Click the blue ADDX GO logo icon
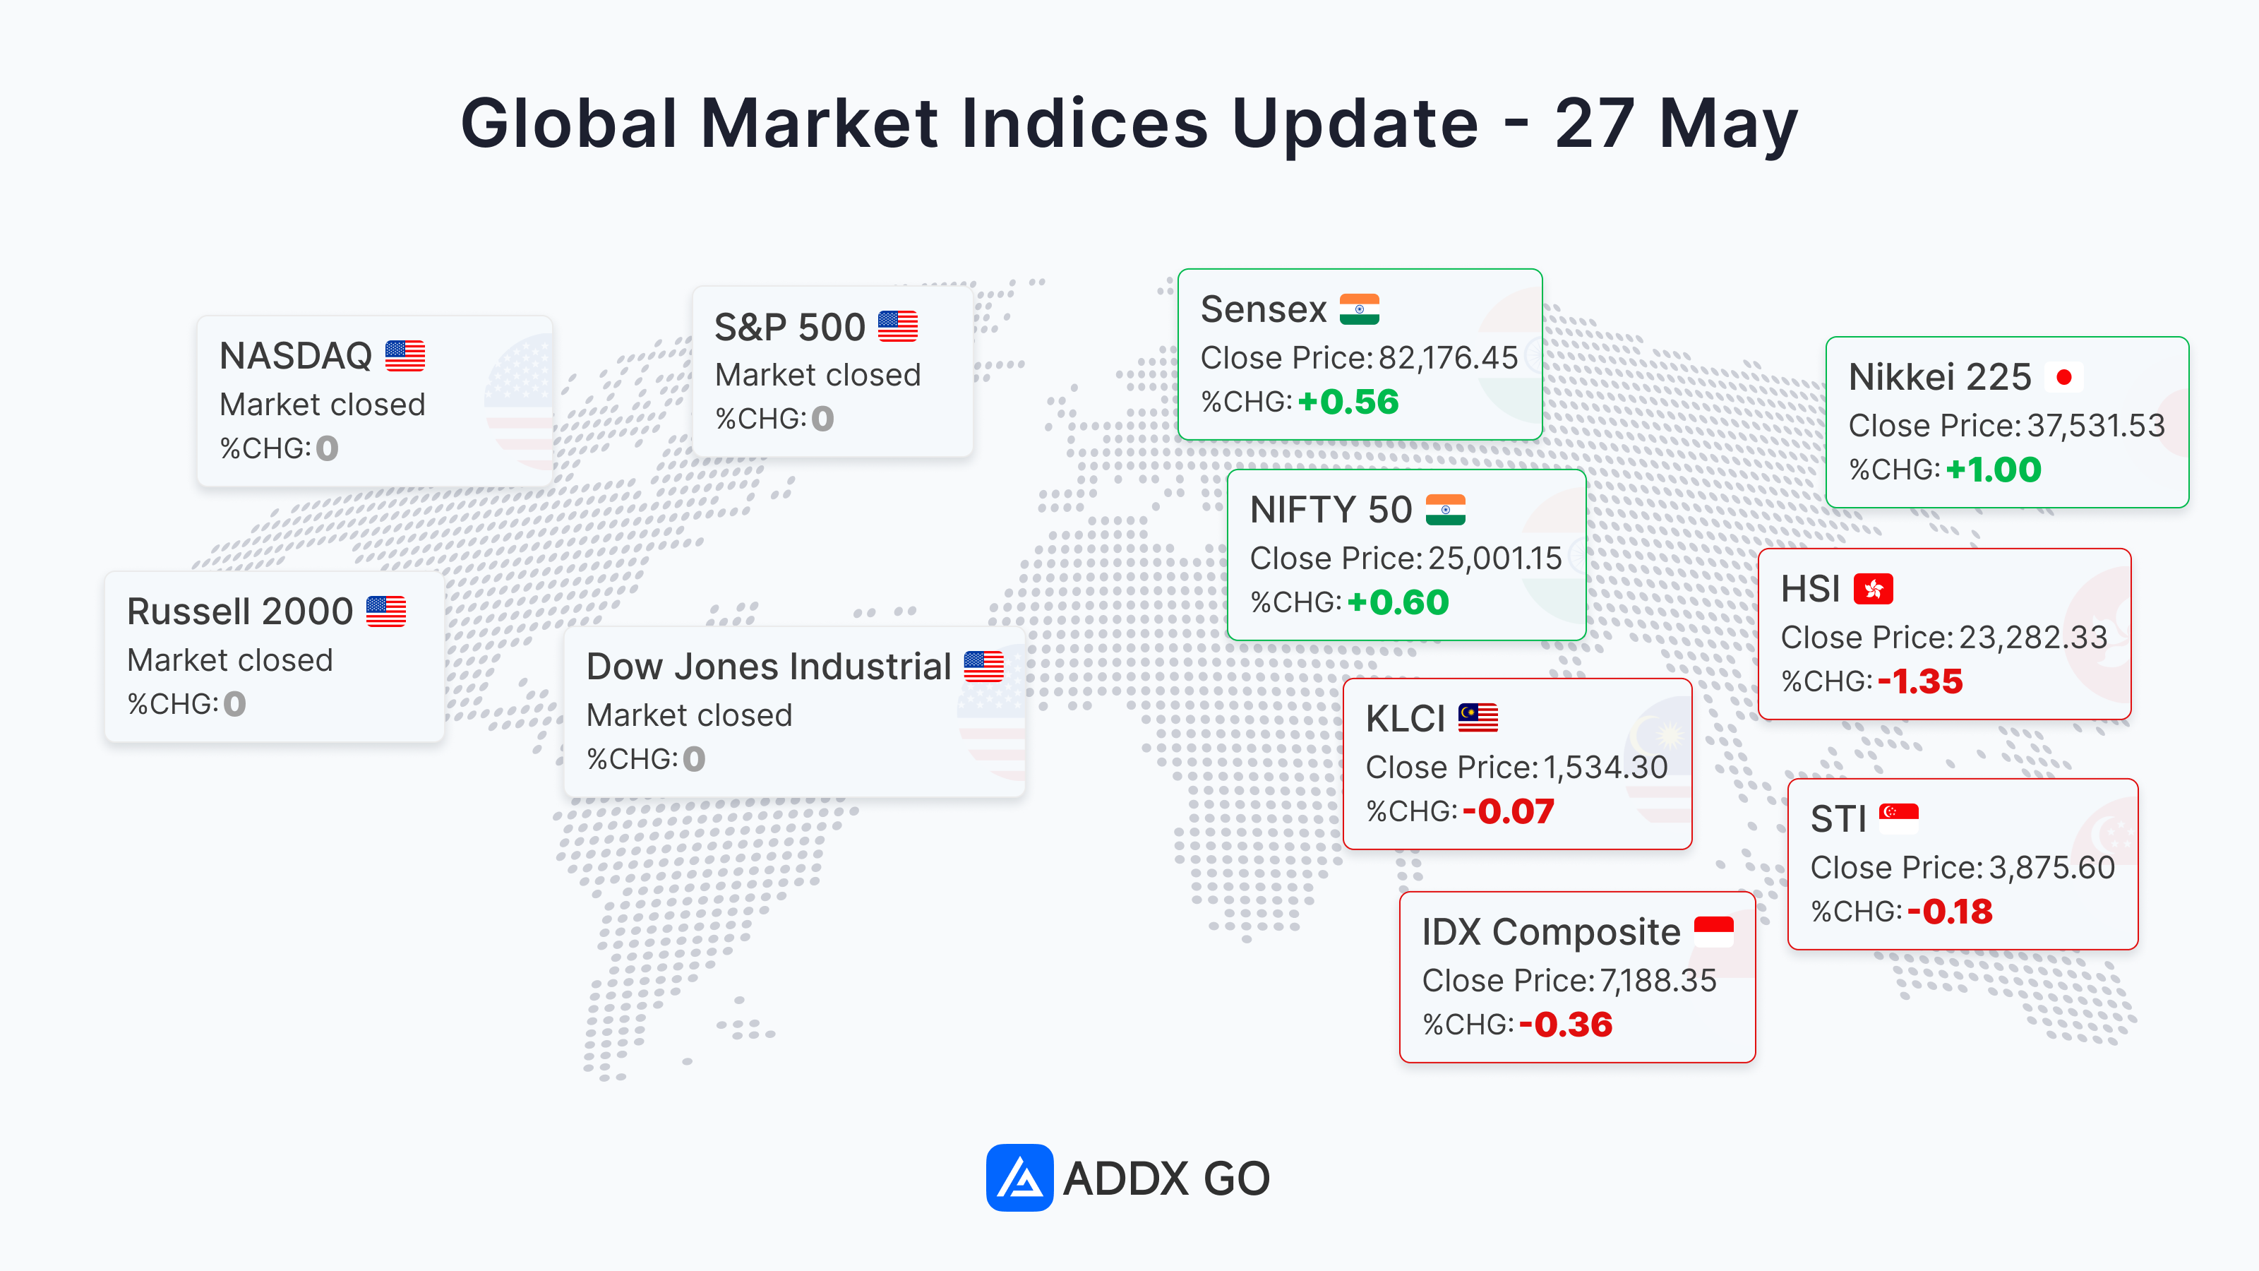pos(1019,1177)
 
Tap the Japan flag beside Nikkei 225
pos(2063,377)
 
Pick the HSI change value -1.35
pos(1919,681)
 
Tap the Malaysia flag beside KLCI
pos(1478,718)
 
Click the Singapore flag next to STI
pos(1898,818)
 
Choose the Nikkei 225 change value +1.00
pos(1994,470)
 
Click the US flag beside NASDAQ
pos(405,356)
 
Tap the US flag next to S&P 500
pos(898,326)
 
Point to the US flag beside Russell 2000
pos(386,611)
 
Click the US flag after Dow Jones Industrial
pos(984,667)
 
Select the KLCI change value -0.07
pos(1509,811)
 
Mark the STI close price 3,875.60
pos(2051,868)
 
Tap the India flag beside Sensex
pos(1359,309)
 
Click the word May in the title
pos(1728,124)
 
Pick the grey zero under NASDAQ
pos(327,448)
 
